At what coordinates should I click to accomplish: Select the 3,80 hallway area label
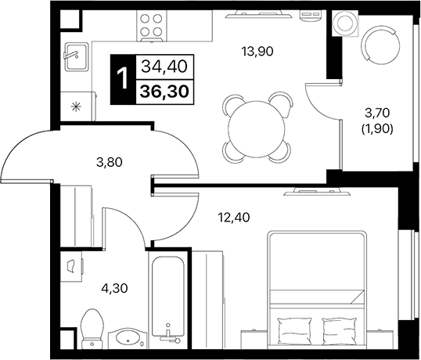(x=110, y=165)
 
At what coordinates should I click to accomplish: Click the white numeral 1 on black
(x=121, y=79)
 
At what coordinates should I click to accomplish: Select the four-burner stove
(x=149, y=27)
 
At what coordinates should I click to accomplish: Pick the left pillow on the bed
(x=293, y=327)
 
